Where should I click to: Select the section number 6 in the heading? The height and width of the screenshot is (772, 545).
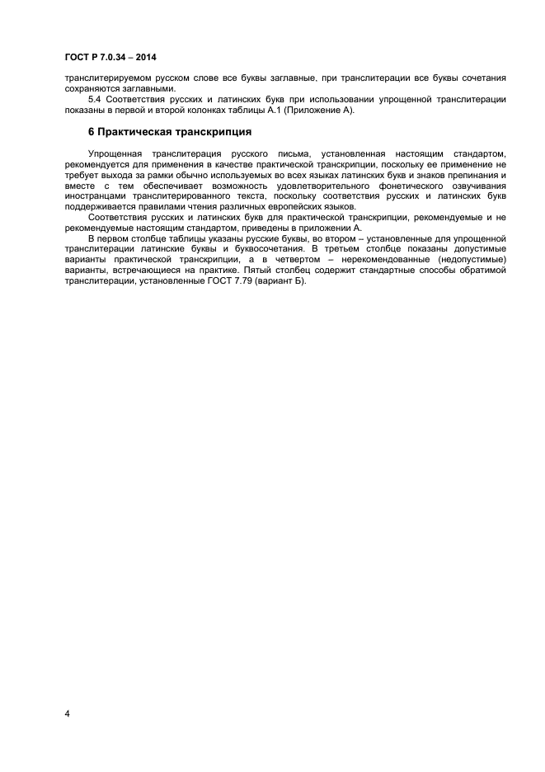point(91,132)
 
